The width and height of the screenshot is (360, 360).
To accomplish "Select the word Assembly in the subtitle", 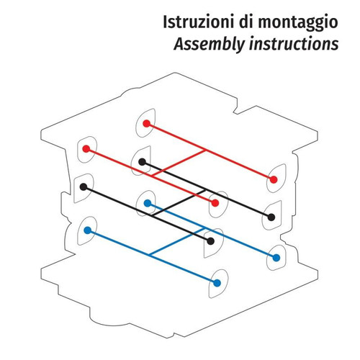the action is point(210,45).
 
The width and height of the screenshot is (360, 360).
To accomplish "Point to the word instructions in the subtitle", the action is point(294,43).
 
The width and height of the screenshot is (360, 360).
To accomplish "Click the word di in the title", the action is point(246,22).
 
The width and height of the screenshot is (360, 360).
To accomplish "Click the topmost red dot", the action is point(146,124).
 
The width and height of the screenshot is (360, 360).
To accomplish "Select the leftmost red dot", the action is point(86,149).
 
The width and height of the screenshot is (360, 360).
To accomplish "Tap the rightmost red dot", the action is point(274,179).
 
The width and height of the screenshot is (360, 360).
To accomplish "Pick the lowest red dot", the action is point(215,203).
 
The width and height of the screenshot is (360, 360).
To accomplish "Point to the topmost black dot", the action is point(142,162).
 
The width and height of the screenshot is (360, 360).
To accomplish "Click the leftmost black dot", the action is point(84,186).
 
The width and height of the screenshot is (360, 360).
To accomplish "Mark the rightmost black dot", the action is point(271,217).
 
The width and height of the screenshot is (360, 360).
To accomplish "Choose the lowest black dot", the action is point(210,241).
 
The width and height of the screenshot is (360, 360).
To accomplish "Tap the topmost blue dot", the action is point(148,203).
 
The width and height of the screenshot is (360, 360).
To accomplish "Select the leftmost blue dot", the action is point(88,230).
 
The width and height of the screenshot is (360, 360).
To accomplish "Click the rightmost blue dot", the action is point(276,258).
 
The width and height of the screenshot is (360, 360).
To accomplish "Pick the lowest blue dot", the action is point(217,283).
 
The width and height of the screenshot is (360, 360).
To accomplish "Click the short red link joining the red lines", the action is point(179,163).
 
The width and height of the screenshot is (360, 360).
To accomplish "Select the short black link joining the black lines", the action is point(179,203).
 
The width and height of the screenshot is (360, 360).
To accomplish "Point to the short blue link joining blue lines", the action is point(176,240).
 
